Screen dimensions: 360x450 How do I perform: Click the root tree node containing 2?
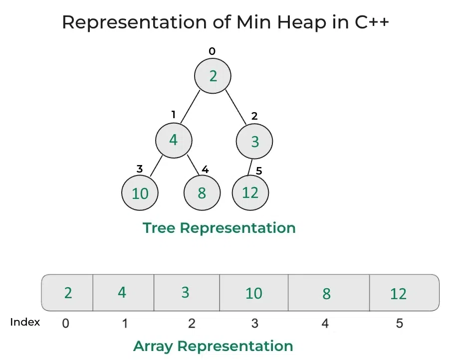point(213,76)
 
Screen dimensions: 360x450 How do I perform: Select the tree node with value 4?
point(173,140)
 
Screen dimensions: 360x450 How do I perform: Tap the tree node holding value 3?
point(254,142)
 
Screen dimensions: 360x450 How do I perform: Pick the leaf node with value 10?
point(140,193)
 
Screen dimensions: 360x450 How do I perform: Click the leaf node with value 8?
point(202,193)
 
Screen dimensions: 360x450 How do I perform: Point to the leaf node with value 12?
point(250,192)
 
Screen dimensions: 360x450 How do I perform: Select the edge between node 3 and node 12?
point(251,167)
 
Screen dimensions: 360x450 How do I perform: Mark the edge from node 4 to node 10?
point(156,167)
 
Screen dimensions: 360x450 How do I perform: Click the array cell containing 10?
point(253,293)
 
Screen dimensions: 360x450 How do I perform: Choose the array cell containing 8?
point(327,293)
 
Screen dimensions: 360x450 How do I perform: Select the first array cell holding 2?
point(68,293)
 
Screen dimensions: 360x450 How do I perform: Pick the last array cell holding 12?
point(399,293)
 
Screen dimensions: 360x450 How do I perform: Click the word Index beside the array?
point(25,322)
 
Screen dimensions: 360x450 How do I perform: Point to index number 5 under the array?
point(399,323)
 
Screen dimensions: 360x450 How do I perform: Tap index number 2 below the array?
point(192,323)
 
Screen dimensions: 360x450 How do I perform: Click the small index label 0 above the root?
point(213,51)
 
